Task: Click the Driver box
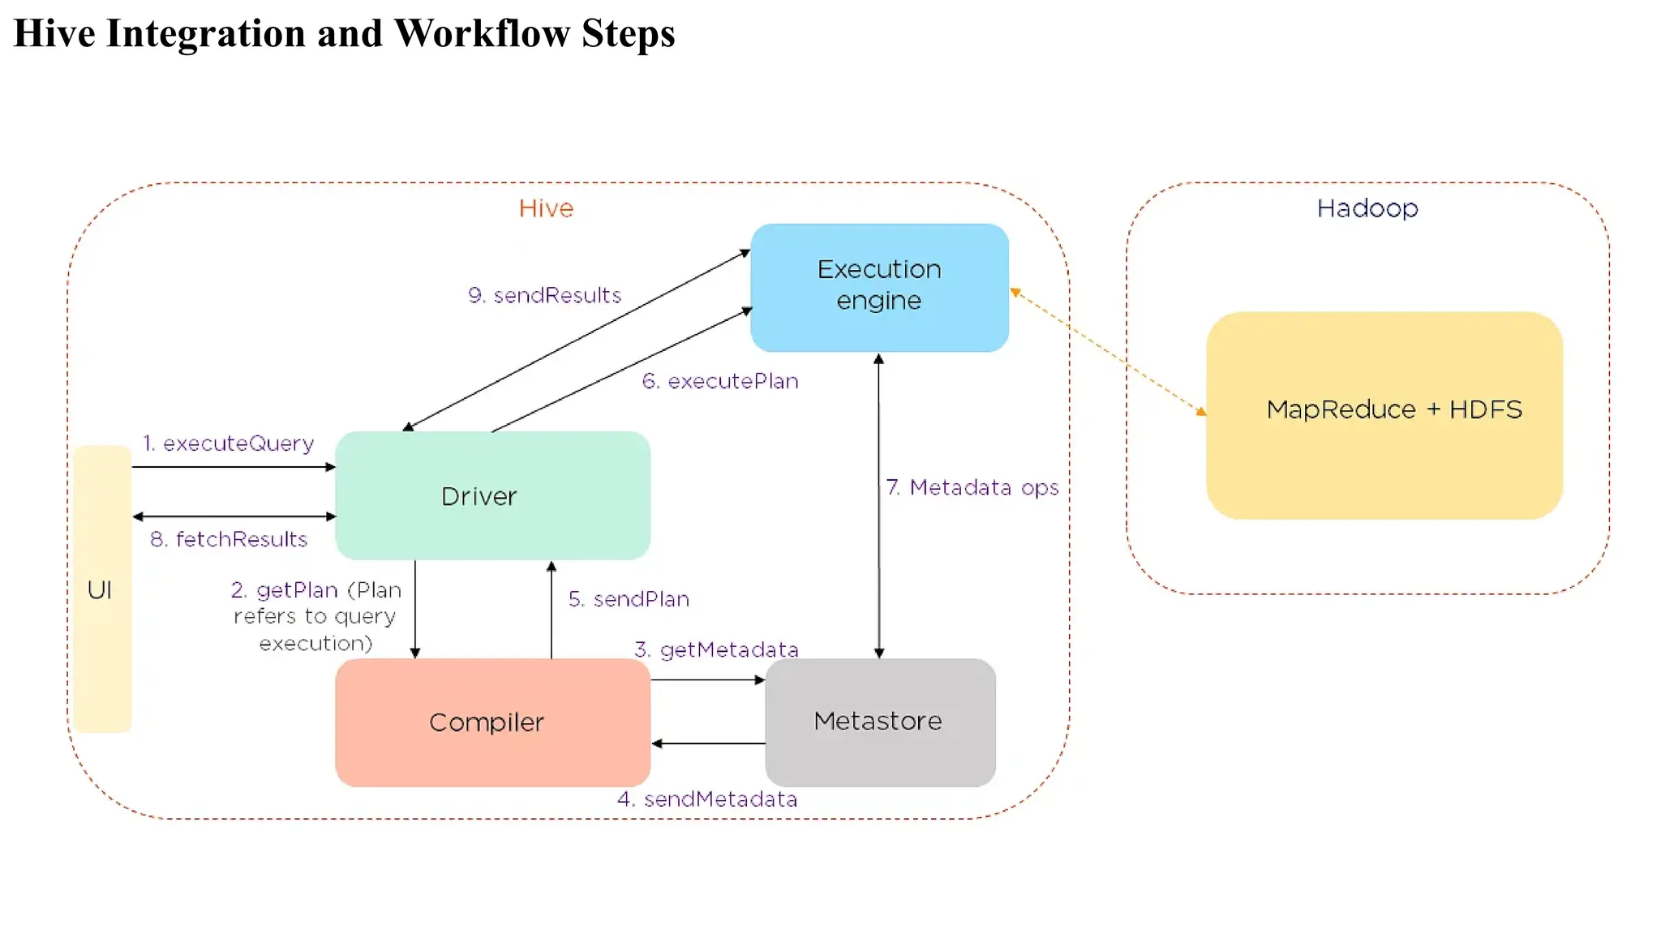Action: [492, 495]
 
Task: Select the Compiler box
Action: [492, 722]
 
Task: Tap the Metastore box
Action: [880, 722]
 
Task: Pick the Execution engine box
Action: [879, 286]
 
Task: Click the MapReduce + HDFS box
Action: [1384, 415]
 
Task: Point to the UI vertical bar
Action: [101, 589]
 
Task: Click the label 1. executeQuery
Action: [229, 443]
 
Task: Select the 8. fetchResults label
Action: [229, 539]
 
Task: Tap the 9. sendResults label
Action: [544, 295]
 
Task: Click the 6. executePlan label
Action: [720, 381]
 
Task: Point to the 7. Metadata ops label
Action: [972, 487]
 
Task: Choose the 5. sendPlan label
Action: [629, 599]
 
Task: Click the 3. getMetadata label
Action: [716, 649]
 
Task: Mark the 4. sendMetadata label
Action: [707, 799]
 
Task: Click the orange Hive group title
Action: [546, 208]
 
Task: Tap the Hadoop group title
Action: [1367, 208]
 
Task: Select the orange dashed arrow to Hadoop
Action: [1109, 352]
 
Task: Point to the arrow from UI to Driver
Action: [234, 467]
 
